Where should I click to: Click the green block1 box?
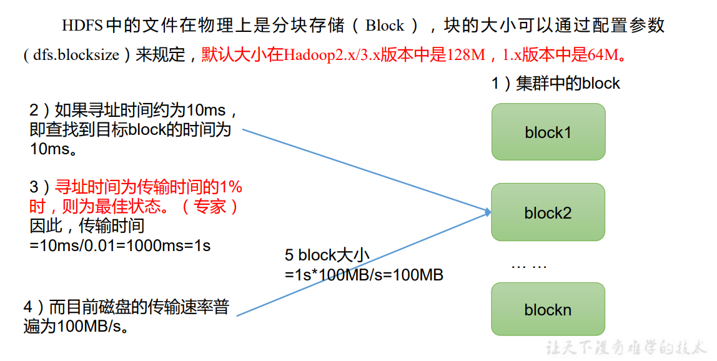[548, 132]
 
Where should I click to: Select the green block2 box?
[548, 212]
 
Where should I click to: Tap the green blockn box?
[548, 310]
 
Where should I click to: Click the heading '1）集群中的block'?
[555, 83]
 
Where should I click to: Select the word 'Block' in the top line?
[385, 26]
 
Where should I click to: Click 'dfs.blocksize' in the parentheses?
[76, 55]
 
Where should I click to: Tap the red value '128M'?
[466, 55]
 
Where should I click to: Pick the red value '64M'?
[603, 55]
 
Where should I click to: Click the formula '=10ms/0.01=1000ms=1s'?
[121, 245]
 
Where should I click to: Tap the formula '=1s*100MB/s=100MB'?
[364, 275]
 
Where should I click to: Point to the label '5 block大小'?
[327, 255]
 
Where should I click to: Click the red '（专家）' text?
[210, 206]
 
